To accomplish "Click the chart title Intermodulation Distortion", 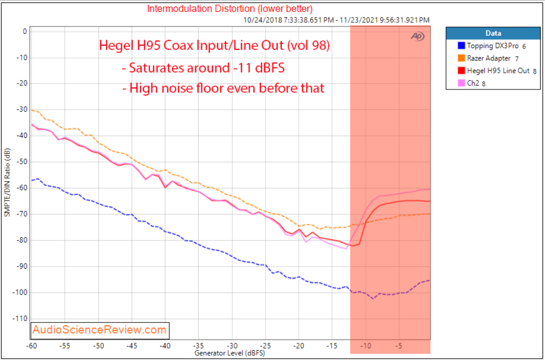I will tap(229, 9).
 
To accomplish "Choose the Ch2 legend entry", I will tap(475, 83).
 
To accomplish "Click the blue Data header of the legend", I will tap(493, 33).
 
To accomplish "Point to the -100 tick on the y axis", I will tap(19, 292).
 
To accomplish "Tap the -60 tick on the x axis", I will tap(31, 345).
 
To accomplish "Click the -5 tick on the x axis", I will tap(399, 345).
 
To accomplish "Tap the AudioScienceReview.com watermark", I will tap(100, 330).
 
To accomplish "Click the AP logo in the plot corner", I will tap(418, 36).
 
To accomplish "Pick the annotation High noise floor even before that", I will tap(227, 88).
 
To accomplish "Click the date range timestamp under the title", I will tap(336, 20).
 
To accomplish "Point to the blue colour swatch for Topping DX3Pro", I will tap(461, 46).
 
